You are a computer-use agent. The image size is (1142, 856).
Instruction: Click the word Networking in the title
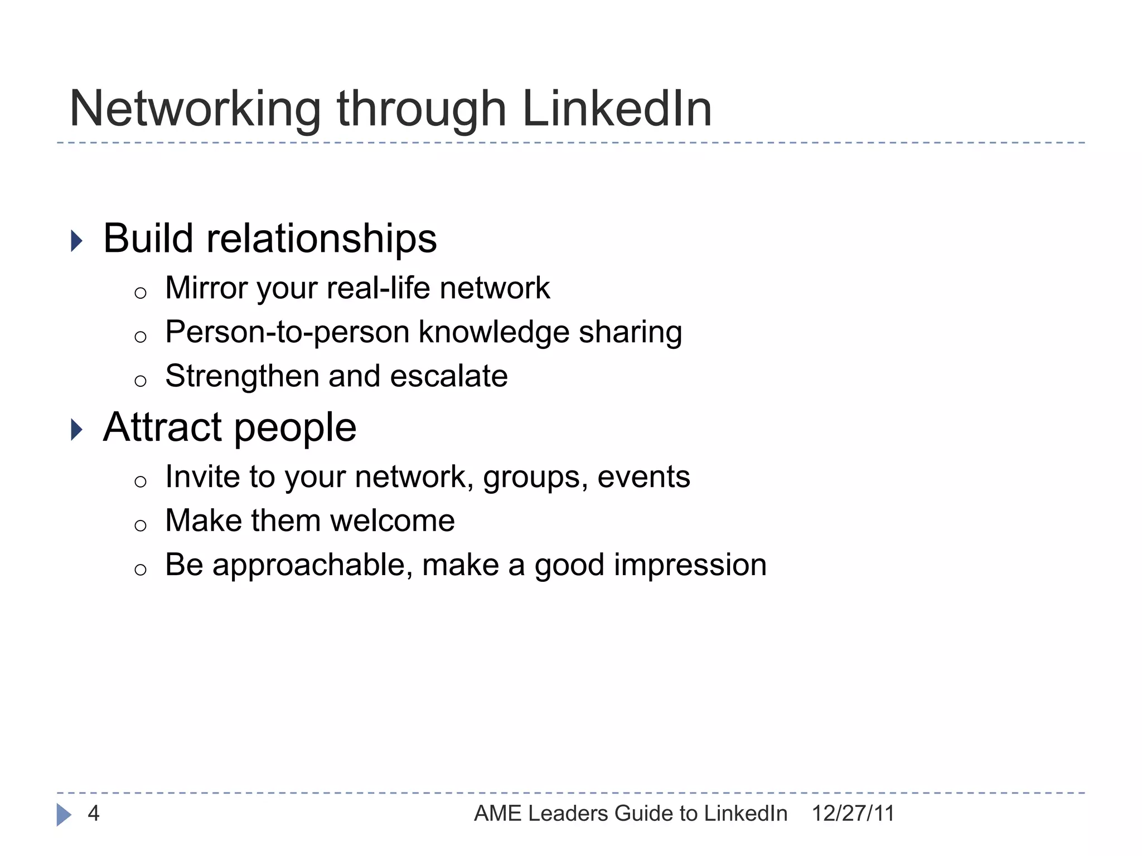click(x=195, y=110)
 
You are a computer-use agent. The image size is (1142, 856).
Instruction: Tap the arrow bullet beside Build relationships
click(x=77, y=241)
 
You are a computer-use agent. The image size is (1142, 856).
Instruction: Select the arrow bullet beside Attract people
click(x=77, y=430)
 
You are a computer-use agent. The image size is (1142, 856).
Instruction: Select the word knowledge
click(x=493, y=333)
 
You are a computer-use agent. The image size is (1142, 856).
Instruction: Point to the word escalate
click(x=449, y=376)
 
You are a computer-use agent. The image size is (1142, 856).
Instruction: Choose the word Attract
click(x=163, y=427)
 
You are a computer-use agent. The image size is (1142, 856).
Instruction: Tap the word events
click(x=643, y=477)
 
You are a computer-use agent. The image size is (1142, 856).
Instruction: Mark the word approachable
click(x=313, y=566)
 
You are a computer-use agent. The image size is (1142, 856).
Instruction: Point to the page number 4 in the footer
click(x=94, y=814)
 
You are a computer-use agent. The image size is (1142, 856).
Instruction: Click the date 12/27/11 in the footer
click(x=853, y=814)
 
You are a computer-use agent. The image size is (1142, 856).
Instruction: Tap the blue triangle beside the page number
click(x=64, y=815)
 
